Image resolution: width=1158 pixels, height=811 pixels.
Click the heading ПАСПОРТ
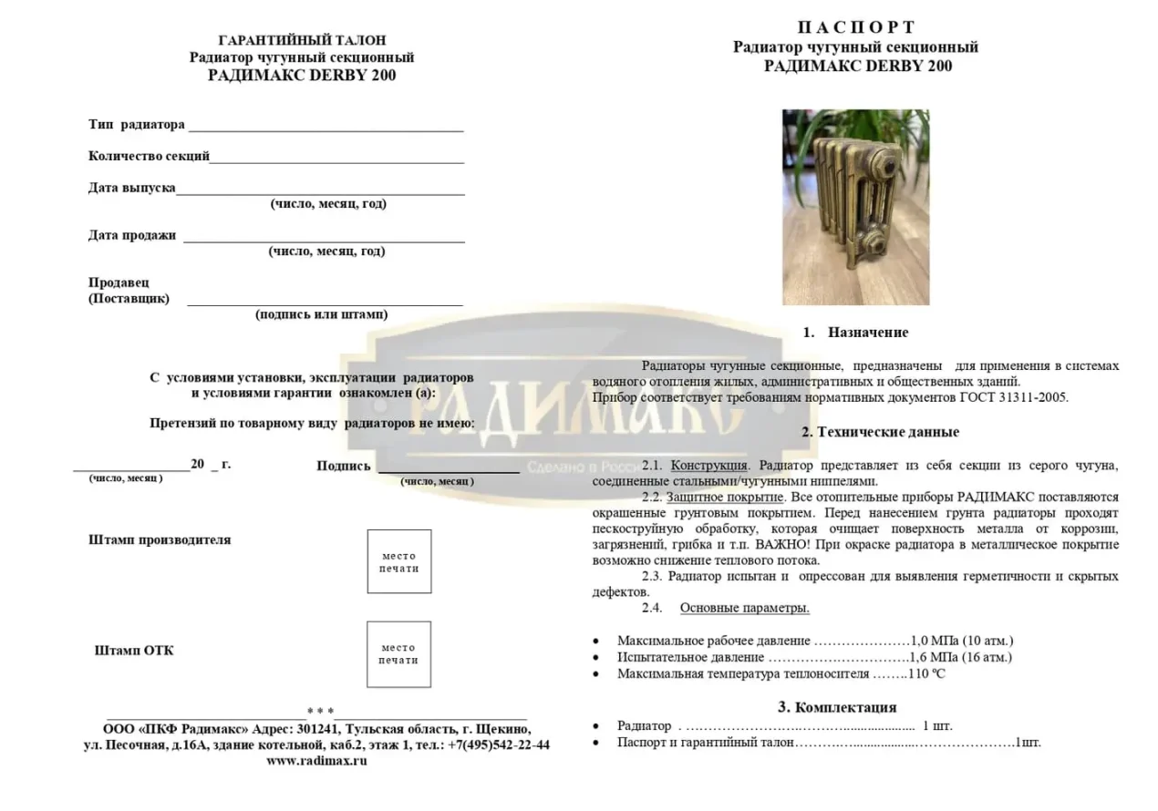tap(855, 27)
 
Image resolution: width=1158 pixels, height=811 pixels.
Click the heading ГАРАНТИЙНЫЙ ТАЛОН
tap(303, 40)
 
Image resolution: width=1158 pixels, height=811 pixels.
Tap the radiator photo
tap(855, 207)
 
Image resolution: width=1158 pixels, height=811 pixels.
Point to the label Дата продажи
tap(132, 235)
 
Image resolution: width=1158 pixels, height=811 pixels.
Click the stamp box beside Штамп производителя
tap(399, 561)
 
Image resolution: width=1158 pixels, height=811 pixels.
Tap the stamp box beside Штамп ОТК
tap(398, 654)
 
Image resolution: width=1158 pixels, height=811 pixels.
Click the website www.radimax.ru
tap(316, 761)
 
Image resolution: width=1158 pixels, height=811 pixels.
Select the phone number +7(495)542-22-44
tap(498, 744)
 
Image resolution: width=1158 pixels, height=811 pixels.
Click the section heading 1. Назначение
tap(855, 333)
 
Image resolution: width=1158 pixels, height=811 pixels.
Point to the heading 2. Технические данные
tap(880, 432)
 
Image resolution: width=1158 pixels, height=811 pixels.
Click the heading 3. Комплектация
tap(836, 707)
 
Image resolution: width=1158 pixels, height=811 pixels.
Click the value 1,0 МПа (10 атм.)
tap(963, 641)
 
